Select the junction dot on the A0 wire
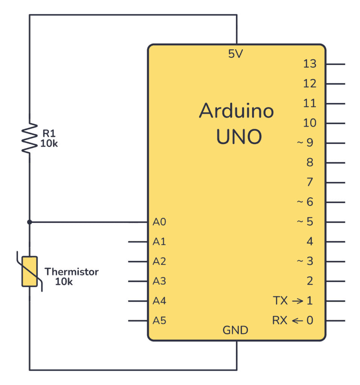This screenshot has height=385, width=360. [x=30, y=222]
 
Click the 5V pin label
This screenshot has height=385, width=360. [x=236, y=55]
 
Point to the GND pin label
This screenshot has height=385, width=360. [x=236, y=330]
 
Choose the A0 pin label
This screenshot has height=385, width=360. [x=159, y=222]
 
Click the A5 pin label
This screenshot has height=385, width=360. [x=159, y=321]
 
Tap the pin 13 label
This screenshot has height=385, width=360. [x=310, y=64]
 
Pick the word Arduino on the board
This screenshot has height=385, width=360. [x=236, y=111]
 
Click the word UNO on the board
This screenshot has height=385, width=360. [x=239, y=137]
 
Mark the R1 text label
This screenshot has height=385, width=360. [x=48, y=133]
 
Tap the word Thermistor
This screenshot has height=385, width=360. [x=71, y=271]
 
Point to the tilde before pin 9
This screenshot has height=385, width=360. [x=299, y=143]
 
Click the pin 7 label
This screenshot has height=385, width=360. [x=310, y=182]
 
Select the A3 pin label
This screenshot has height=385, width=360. [x=159, y=281]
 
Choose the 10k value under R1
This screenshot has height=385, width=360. [x=49, y=143]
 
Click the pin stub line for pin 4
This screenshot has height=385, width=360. [x=335, y=242]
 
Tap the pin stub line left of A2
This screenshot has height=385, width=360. [x=138, y=261]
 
